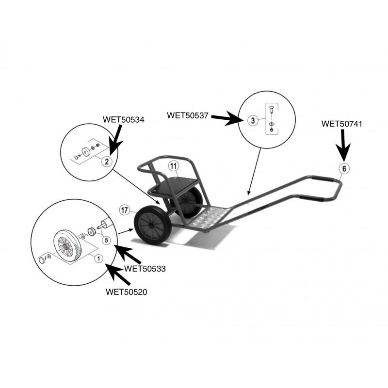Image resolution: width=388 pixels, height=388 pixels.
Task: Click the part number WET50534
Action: (123, 120)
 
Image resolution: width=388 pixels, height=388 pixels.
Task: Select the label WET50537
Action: (188, 115)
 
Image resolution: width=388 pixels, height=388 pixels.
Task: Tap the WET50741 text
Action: (342, 124)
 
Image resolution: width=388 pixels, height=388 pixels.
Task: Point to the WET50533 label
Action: (145, 269)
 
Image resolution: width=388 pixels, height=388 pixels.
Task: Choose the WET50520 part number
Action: (127, 292)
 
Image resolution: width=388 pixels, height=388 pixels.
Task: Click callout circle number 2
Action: (107, 162)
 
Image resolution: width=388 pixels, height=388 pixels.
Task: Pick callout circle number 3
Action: (253, 120)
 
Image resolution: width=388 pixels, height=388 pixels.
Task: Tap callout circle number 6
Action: (344, 168)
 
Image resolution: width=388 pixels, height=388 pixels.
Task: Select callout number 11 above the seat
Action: (174, 166)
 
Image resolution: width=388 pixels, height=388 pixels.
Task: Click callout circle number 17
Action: (125, 210)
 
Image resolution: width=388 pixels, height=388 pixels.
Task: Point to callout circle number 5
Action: (106, 240)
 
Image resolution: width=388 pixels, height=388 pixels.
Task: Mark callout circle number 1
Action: (99, 259)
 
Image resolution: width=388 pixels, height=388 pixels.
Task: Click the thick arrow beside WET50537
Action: (226, 118)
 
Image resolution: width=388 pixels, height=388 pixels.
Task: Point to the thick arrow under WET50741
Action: (343, 146)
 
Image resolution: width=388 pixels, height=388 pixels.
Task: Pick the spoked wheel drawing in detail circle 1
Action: (67, 245)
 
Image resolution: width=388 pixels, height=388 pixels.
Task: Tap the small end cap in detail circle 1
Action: (42, 261)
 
